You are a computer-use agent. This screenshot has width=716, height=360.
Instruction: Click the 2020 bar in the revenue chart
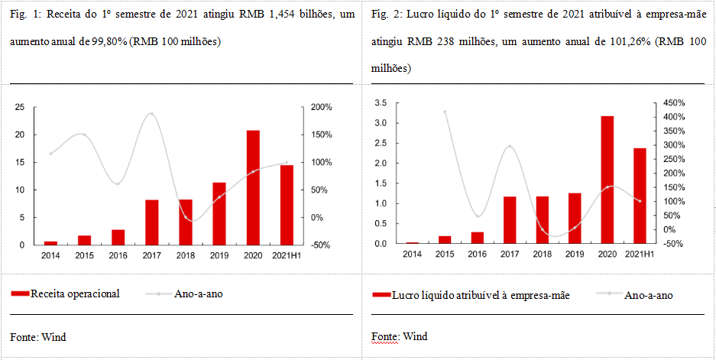click(252, 187)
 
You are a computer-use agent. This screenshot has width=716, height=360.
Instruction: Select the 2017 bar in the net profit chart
click(510, 220)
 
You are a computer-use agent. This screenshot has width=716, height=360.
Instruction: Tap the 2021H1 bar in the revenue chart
click(286, 205)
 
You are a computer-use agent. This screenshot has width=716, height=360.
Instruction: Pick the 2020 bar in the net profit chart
click(607, 180)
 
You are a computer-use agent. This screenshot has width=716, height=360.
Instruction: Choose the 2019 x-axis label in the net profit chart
click(575, 255)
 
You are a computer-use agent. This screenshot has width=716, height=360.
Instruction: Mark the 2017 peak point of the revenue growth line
click(151, 114)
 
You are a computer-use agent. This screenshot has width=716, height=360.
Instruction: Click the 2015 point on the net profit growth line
click(445, 111)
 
